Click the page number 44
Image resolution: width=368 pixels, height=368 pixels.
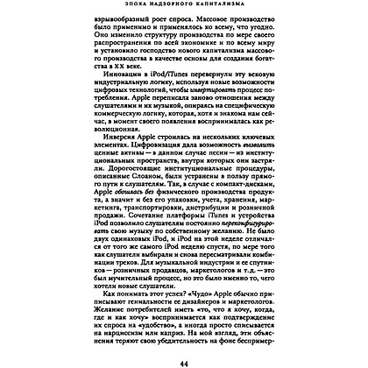click(x=184, y=359)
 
